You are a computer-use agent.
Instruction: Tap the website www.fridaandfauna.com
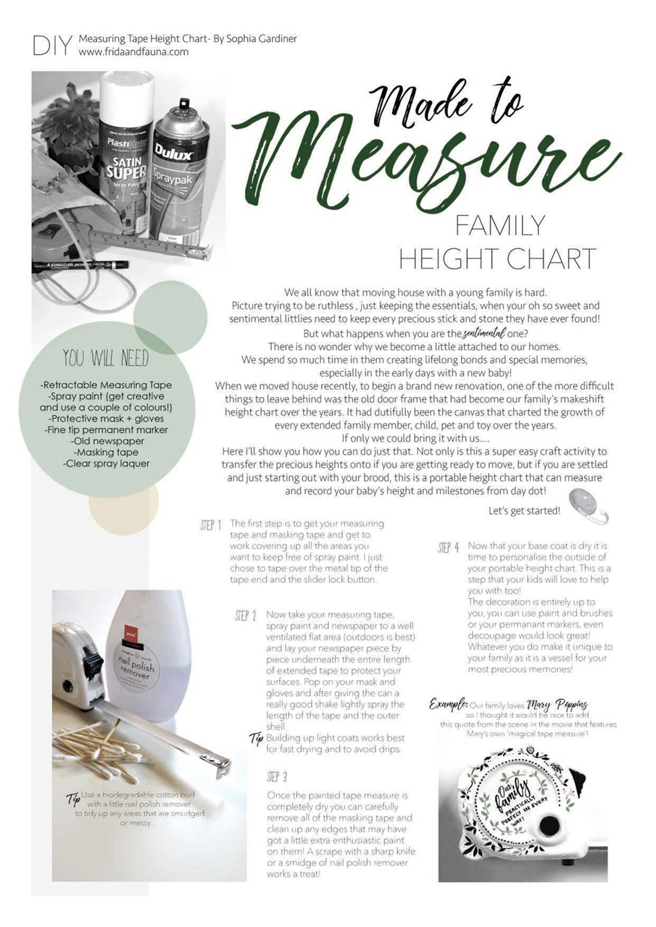point(133,52)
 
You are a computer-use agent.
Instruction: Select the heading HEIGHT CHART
point(498,259)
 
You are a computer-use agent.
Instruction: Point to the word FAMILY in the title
point(499,226)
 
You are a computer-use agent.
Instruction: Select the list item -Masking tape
point(106,452)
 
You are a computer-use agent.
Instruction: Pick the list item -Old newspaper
point(107,441)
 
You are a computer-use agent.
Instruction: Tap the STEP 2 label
point(246,616)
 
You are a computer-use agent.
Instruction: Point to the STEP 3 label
point(277,777)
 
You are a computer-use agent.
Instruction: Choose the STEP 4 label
point(448,548)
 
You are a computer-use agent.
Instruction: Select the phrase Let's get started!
point(524,511)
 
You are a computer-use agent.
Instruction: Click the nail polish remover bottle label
point(138,663)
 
